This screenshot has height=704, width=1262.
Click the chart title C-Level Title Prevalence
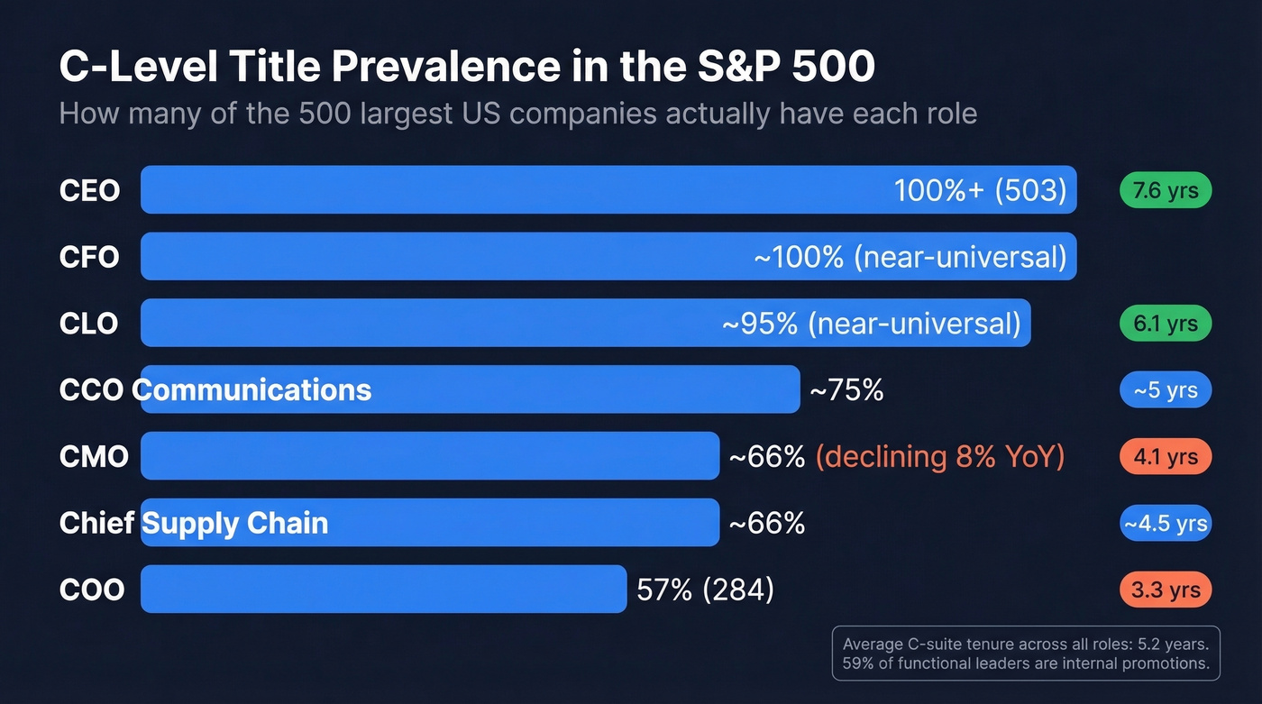tap(466, 68)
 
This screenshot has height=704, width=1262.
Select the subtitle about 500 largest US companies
tap(517, 114)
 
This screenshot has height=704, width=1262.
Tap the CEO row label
tap(89, 190)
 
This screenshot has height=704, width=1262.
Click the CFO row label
tap(89, 257)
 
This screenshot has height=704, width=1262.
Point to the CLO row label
tap(88, 324)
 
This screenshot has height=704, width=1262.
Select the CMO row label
tap(94, 457)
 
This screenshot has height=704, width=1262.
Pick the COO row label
tap(92, 590)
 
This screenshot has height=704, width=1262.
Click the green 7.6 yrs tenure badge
tap(1166, 190)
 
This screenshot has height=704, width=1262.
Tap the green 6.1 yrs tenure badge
tap(1166, 324)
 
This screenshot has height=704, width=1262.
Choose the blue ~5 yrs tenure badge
tap(1166, 390)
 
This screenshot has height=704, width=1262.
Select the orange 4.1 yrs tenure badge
tap(1166, 457)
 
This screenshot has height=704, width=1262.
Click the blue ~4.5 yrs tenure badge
tap(1166, 524)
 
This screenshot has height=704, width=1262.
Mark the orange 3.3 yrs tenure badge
tap(1166, 590)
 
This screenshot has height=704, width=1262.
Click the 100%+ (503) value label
tap(980, 190)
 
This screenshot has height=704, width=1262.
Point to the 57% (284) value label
tap(705, 590)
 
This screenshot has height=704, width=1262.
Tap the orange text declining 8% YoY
tap(939, 457)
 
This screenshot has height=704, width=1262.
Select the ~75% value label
tap(846, 390)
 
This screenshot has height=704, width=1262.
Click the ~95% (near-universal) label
tap(872, 324)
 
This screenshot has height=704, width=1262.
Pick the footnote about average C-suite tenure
tap(1025, 654)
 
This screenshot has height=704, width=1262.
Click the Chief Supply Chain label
tap(194, 524)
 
